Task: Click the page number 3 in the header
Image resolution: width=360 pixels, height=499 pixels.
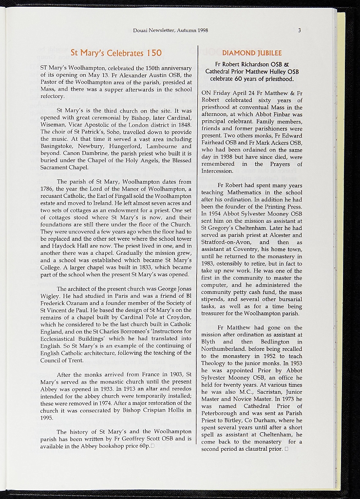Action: point(300,30)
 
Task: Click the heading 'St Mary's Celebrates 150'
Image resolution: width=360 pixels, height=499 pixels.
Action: point(116,52)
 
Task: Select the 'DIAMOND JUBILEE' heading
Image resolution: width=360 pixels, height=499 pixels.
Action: point(252,53)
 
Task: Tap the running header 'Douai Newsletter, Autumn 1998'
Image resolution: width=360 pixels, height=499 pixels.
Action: point(171,30)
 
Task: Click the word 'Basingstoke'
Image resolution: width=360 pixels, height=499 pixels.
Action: point(57,146)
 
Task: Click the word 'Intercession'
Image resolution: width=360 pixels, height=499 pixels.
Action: point(217,171)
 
